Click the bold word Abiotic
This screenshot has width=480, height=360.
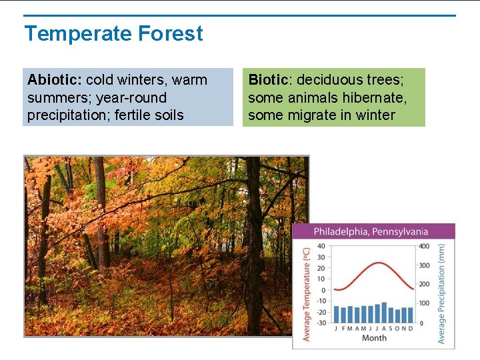click(54, 80)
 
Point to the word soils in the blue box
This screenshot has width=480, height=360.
click(167, 115)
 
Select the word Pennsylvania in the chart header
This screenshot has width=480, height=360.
click(401, 232)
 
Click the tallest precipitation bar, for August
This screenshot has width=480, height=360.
click(384, 312)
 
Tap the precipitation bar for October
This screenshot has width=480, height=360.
click(399, 315)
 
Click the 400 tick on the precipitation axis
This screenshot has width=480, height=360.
click(423, 247)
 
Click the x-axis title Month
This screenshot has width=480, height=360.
click(374, 338)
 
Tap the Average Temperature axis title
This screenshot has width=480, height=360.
click(307, 294)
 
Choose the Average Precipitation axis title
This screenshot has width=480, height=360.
click(441, 294)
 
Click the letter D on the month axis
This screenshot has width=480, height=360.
click(411, 328)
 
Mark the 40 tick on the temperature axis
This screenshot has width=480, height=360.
click(322, 247)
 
